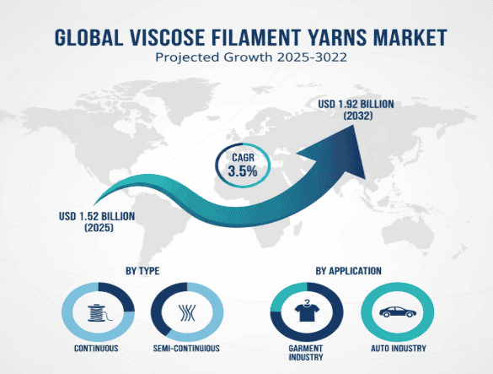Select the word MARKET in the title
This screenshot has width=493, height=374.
tap(415, 36)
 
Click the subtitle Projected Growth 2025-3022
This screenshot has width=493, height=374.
tap(246, 58)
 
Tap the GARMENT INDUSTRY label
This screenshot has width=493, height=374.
tap(308, 352)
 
